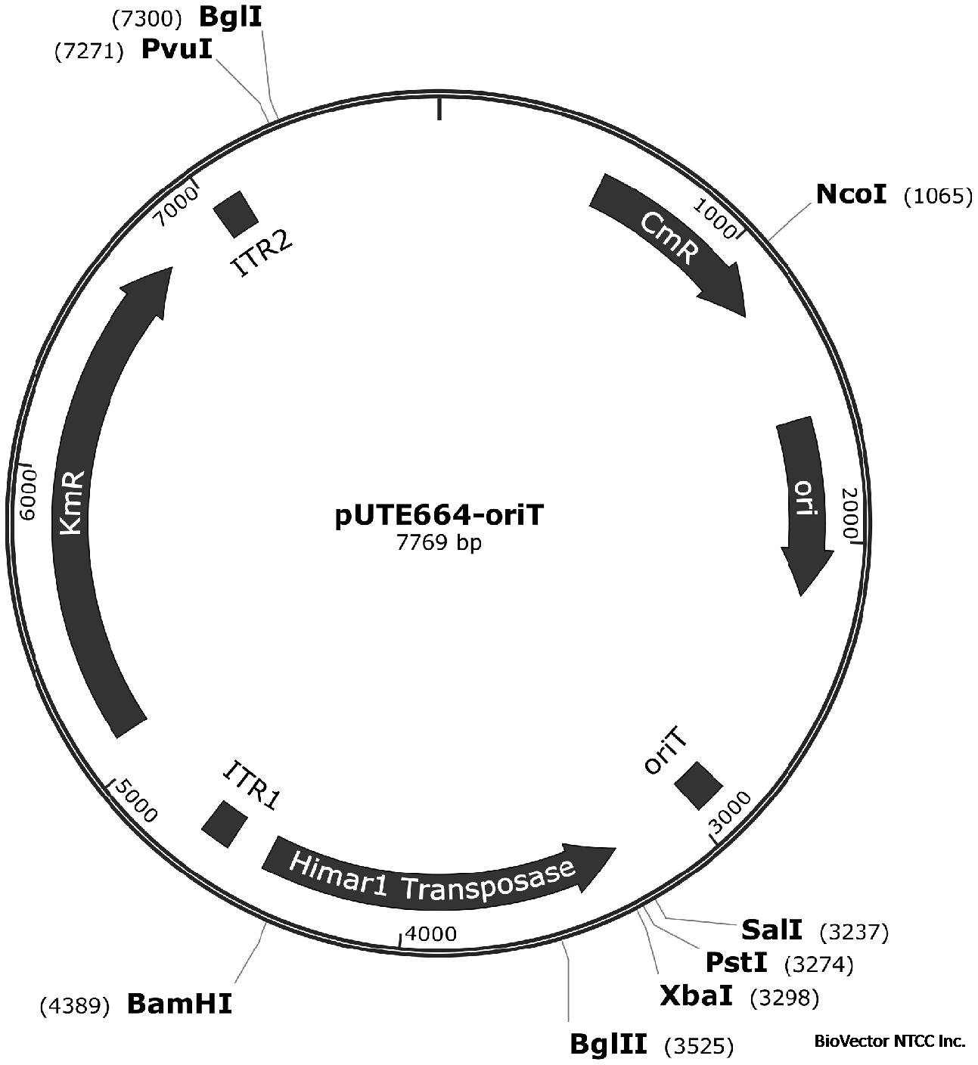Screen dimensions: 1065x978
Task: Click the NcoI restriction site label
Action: coord(850,194)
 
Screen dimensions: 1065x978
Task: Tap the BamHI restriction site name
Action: coord(179,1004)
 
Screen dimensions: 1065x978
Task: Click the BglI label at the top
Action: coord(230,16)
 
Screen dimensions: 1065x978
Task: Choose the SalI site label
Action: coord(772,929)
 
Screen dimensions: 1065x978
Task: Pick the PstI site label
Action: coord(736,963)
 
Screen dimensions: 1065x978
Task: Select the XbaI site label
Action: coord(696,996)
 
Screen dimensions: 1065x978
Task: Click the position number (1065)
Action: coord(938,197)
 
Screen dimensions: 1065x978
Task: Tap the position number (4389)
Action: coord(76,1006)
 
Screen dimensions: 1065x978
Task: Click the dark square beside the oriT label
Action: coord(698,786)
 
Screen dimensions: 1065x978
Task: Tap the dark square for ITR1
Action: coord(225,824)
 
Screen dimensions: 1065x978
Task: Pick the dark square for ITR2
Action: coord(236,213)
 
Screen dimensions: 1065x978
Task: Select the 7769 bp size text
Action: coord(439,543)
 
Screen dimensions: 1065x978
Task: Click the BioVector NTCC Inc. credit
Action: coord(890,1041)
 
